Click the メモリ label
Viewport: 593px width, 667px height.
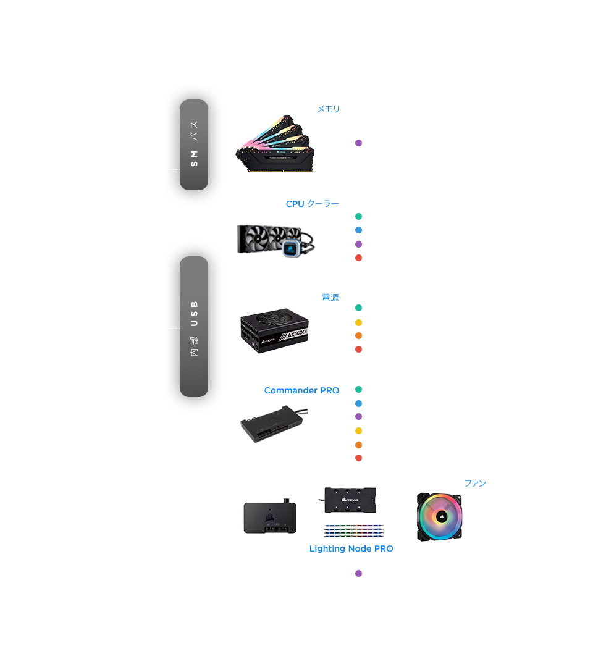(329, 109)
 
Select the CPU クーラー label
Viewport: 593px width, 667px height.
(312, 204)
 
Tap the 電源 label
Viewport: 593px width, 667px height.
(330, 297)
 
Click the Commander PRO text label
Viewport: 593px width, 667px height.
(301, 390)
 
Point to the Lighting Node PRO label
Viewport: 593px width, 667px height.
(351, 549)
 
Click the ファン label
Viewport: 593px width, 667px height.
(475, 483)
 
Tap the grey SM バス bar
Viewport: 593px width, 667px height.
(194, 145)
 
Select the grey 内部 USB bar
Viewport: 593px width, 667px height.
(194, 327)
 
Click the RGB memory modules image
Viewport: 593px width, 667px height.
(275, 144)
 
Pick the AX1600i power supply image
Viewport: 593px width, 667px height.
(274, 331)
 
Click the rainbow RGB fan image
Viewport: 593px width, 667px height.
(440, 517)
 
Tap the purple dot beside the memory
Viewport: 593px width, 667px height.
(359, 143)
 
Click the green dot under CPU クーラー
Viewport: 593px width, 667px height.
(359, 217)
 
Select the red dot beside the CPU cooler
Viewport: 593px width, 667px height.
(359, 258)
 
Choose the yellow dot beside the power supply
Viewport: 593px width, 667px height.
(359, 322)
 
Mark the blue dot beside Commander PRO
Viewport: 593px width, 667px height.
(359, 403)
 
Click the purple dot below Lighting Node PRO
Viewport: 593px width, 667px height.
(359, 573)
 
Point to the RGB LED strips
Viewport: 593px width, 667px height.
(353, 531)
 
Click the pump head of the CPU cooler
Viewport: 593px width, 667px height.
(291, 248)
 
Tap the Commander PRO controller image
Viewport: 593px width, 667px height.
(273, 424)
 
